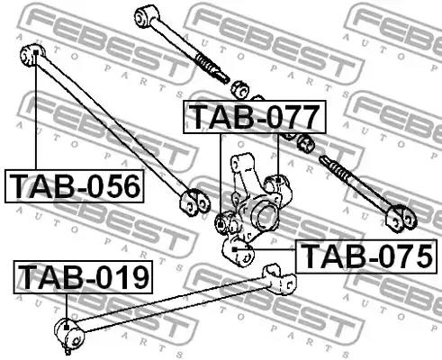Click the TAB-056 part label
(75, 186)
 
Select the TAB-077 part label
(255, 117)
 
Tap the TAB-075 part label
(366, 256)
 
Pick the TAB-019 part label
(83, 277)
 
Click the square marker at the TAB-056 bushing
(36, 52)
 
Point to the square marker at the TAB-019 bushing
(67, 328)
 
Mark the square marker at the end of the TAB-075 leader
(235, 249)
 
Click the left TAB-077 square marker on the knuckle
(221, 224)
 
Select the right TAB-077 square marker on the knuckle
(278, 181)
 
